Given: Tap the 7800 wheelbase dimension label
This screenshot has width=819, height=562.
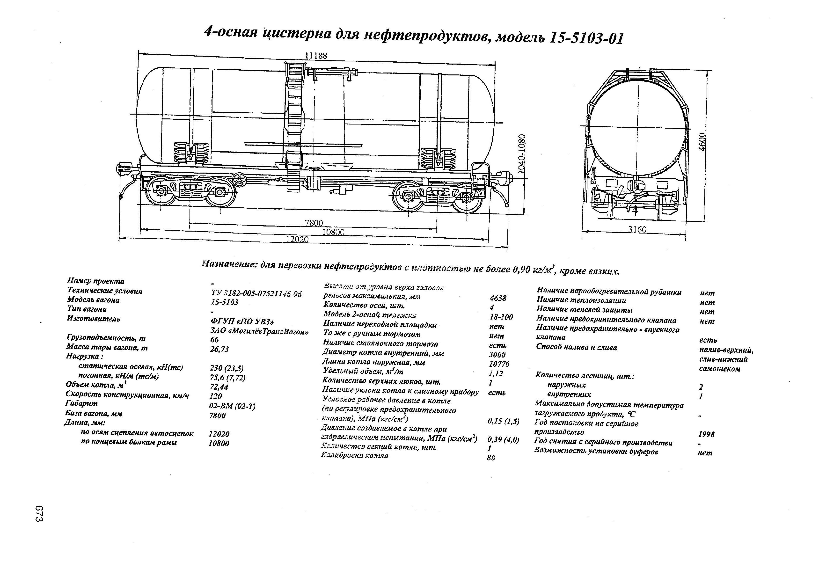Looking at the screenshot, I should click(x=314, y=223).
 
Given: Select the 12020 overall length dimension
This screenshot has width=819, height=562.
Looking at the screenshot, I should click(x=297, y=240).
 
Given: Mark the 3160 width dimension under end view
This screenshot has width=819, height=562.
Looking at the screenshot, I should click(x=637, y=230).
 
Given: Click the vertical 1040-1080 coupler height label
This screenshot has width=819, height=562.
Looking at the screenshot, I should click(x=522, y=153).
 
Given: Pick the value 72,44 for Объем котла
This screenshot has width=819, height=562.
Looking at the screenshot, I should click(x=219, y=387).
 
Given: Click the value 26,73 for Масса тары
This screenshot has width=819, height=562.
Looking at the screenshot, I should click(x=219, y=349).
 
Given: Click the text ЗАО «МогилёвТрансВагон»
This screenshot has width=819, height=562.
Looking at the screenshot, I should click(x=259, y=331).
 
